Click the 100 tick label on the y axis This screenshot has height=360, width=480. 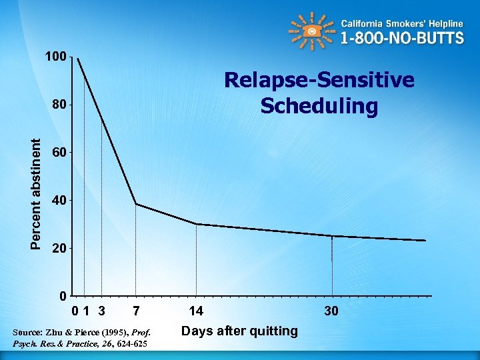point(56,57)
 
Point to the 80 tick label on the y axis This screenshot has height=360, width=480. point(59,105)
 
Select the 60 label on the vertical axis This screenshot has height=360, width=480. point(59,153)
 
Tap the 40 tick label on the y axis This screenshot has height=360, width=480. point(59,200)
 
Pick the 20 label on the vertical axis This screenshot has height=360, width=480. point(59,248)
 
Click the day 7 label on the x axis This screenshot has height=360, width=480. point(136,311)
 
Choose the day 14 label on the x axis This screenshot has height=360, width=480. point(196,311)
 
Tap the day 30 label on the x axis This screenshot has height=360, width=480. point(331,311)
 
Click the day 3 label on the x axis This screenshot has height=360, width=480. point(101,311)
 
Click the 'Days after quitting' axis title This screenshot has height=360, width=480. point(240,331)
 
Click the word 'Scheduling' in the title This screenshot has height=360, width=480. point(319,106)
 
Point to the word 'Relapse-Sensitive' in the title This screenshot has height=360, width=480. point(319,80)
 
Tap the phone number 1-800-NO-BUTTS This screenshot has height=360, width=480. point(402,38)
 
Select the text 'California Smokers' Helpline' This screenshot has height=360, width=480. point(402,23)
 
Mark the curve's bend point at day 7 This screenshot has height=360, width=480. point(136,204)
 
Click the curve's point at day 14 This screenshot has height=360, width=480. point(196,224)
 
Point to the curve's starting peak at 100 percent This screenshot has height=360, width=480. point(78,59)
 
